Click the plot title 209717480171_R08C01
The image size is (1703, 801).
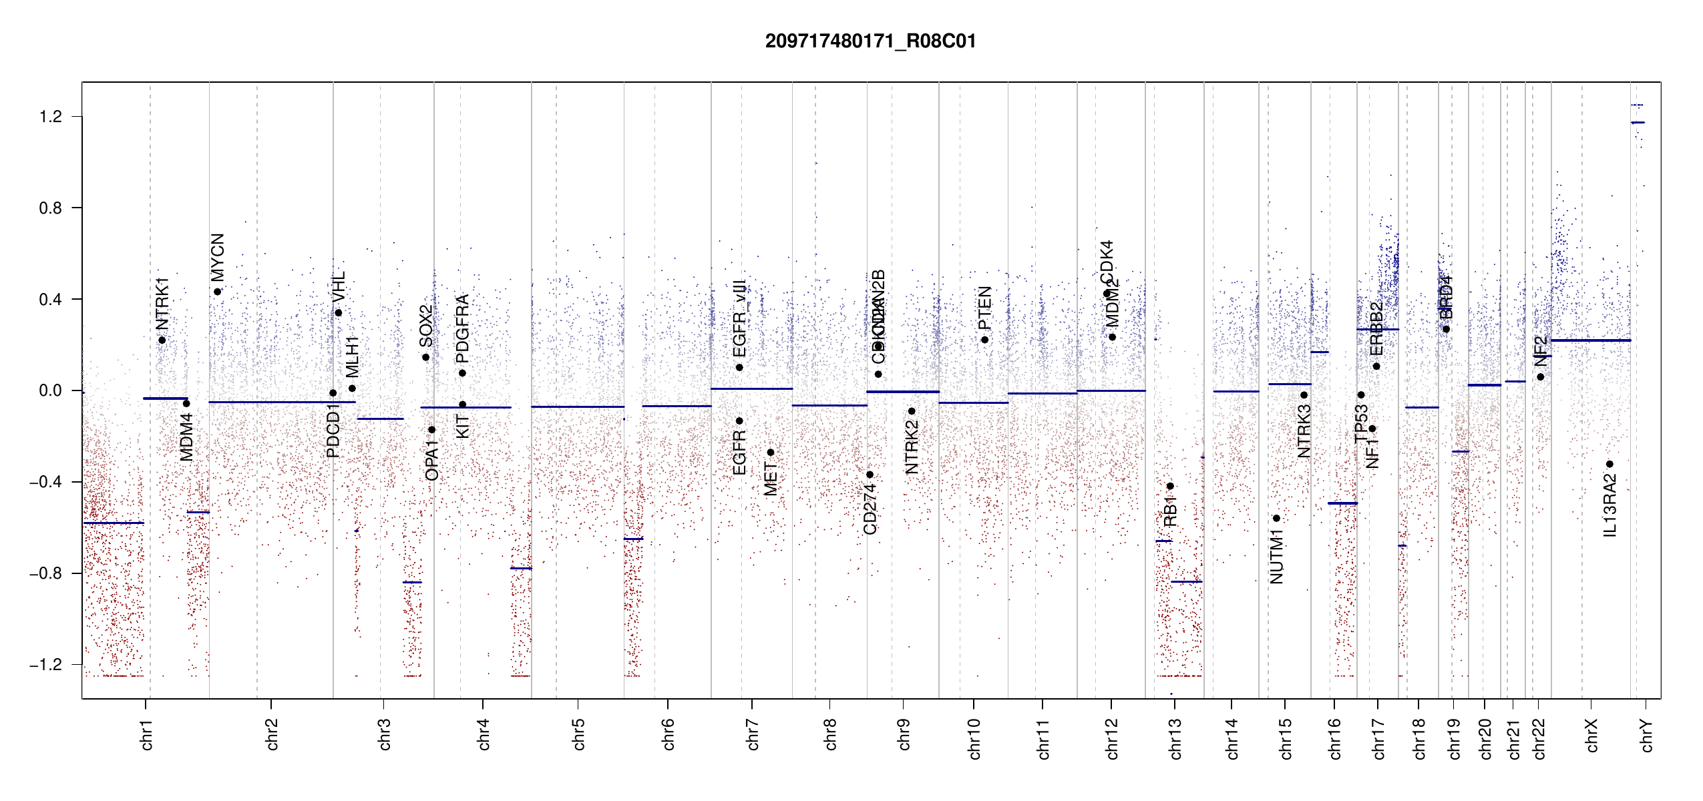pos(870,41)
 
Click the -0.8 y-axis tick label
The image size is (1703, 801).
pos(45,573)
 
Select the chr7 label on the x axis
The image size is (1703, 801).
pos(753,734)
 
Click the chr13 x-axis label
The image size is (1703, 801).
pos(1175,738)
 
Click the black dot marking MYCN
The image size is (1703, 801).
pos(218,292)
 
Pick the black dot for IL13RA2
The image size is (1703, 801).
pos(1610,464)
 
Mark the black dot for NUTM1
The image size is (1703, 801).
pos(1276,518)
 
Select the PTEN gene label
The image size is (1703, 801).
pos(984,308)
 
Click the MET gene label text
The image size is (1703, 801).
pos(771,479)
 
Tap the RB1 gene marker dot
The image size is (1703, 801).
pos(1170,486)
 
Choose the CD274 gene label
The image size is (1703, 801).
pos(870,509)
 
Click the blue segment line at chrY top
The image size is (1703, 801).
pos(1638,123)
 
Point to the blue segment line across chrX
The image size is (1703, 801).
pos(1590,340)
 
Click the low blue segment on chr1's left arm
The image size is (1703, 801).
pos(114,523)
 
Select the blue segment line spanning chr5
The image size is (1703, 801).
pos(578,407)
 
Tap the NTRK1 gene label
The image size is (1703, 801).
pos(162,304)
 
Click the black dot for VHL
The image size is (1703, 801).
pos(339,313)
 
